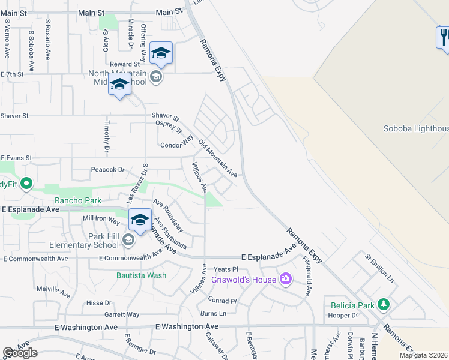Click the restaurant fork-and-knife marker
click(x=443, y=37)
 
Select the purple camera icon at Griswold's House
click(x=285, y=278)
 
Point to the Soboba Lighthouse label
click(x=416, y=128)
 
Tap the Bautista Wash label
click(x=141, y=276)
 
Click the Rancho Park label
click(x=78, y=200)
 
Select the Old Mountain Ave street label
click(x=218, y=158)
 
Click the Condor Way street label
click(x=177, y=145)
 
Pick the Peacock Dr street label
click(x=107, y=170)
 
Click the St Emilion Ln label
click(x=379, y=268)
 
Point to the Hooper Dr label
click(x=344, y=315)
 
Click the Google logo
click(x=20, y=353)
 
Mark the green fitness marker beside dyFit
click(x=26, y=184)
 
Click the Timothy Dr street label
click(x=106, y=138)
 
